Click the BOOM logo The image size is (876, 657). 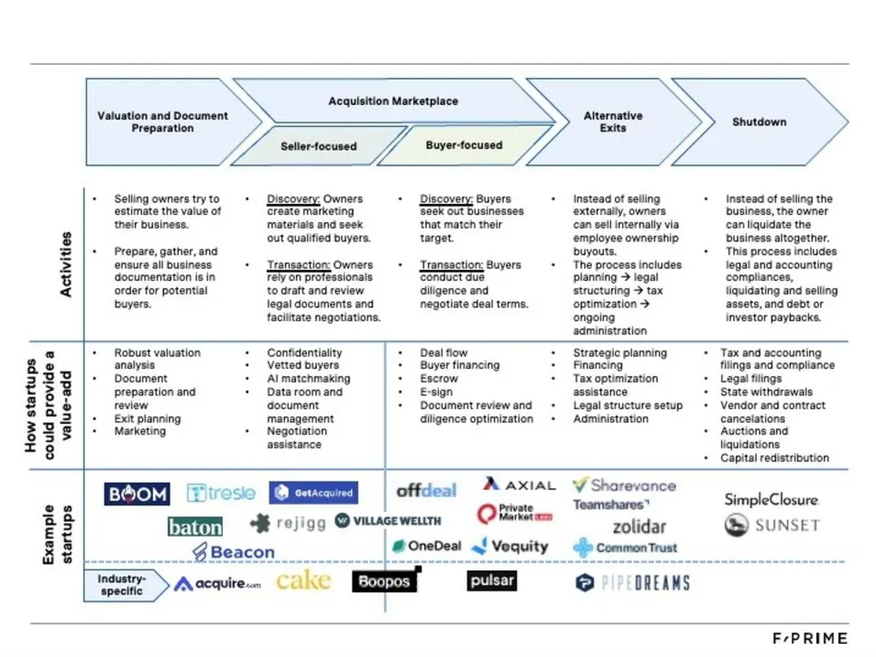click(x=137, y=494)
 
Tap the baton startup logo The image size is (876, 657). click(x=195, y=527)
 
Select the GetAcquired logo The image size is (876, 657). click(x=313, y=493)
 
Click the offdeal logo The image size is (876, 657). click(x=426, y=491)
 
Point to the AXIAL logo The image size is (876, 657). click(x=519, y=485)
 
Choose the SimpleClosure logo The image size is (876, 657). click(x=771, y=499)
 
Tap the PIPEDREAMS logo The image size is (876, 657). click(x=632, y=582)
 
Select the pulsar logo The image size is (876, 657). click(x=492, y=581)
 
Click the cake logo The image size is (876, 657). click(x=303, y=581)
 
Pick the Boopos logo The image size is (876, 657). click(x=384, y=581)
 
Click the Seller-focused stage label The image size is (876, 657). click(x=318, y=146)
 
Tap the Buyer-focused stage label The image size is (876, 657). click(x=464, y=145)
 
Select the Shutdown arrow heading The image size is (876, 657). click(x=759, y=122)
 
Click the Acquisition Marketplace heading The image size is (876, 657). click(x=393, y=101)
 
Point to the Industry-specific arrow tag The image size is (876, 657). click(x=122, y=585)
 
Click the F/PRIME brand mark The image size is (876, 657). click(x=810, y=638)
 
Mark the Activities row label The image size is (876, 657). click(x=66, y=264)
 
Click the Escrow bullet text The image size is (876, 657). click(x=439, y=378)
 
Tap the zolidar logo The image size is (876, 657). click(x=639, y=527)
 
